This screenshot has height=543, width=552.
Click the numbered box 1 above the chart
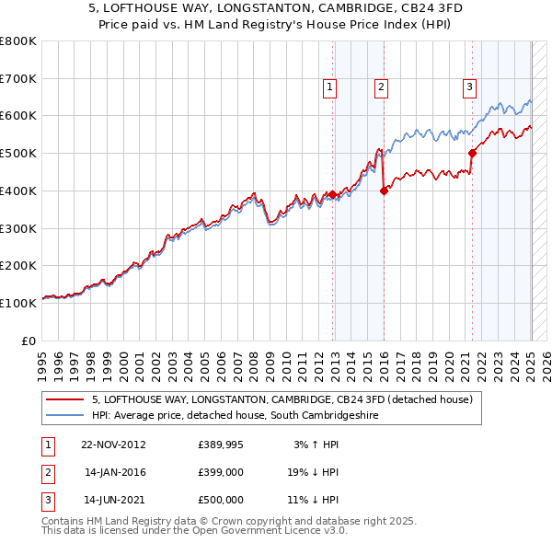(329, 87)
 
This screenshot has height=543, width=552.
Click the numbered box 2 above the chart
(380, 87)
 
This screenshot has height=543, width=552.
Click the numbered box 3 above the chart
(469, 87)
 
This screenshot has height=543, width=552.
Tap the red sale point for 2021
(472, 153)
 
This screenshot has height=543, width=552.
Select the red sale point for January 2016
(384, 191)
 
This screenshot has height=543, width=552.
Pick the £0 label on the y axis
(29, 341)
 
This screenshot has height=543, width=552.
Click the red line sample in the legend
(66, 399)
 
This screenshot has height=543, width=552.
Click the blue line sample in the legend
(66, 415)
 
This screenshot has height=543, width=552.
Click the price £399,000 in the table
(221, 472)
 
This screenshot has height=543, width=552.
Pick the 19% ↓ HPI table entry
(311, 472)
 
